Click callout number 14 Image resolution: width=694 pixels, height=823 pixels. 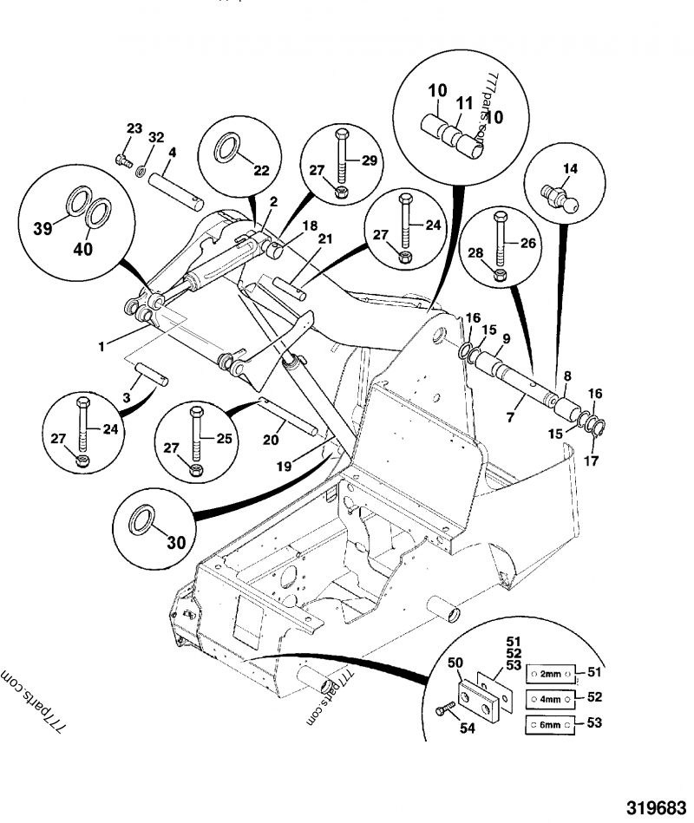point(570,168)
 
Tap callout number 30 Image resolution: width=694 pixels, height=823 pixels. point(176,544)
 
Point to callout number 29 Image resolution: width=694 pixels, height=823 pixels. point(371,162)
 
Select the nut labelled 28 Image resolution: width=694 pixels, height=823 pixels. point(500,275)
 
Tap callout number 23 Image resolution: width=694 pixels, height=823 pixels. point(133,129)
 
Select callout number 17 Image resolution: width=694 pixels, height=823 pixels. point(592,460)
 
